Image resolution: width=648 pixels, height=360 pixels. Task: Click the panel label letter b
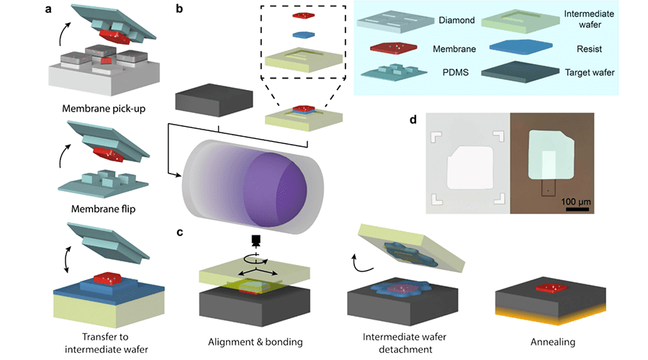pyautogui.click(x=179, y=10)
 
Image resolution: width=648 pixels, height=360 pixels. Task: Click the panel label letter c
pyautogui.click(x=179, y=232)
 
